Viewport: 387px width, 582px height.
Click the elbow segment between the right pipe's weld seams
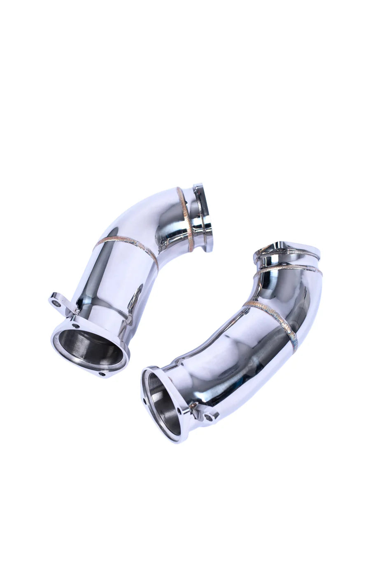click(284, 288)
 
